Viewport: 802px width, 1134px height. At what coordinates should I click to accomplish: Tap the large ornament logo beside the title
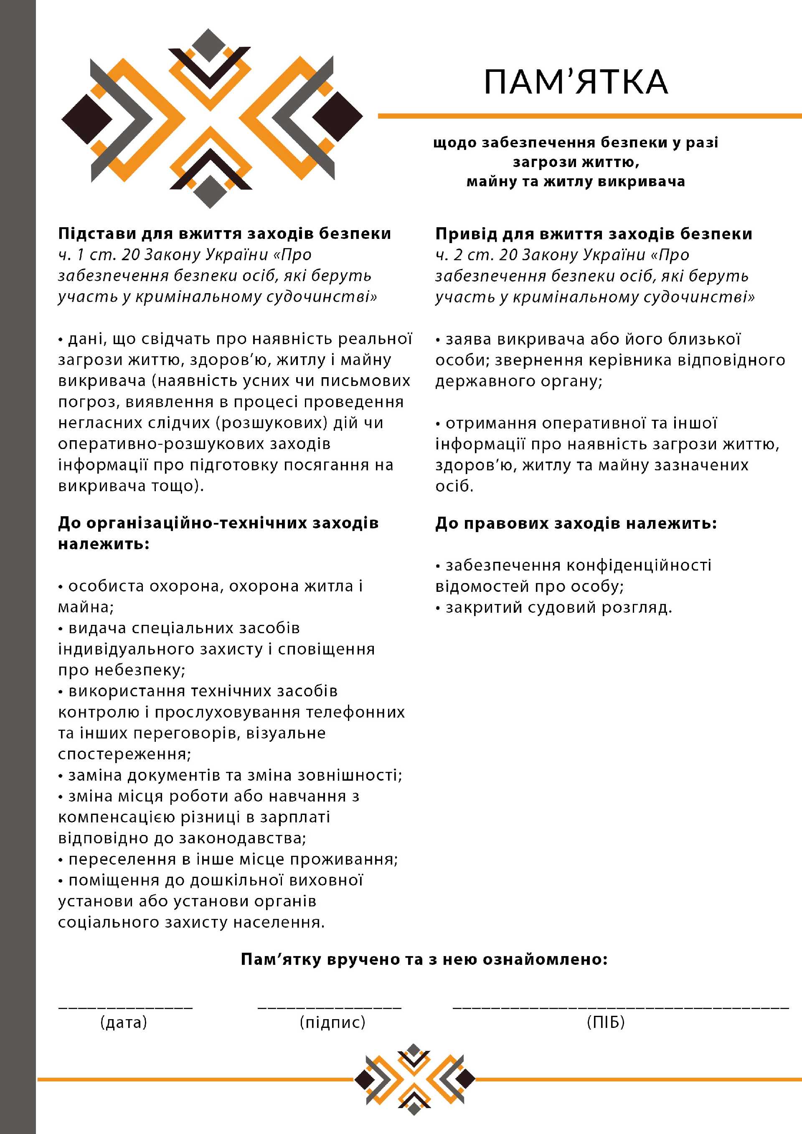[212, 119]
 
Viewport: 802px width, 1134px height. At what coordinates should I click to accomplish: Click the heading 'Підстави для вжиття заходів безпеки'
[224, 233]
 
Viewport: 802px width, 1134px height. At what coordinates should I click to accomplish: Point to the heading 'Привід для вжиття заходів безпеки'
[594, 233]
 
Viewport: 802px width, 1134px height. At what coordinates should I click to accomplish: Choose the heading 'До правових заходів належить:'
[576, 523]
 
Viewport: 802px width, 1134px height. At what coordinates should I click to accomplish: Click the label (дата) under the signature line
[124, 1021]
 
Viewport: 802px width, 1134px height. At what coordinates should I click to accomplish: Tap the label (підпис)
[332, 1021]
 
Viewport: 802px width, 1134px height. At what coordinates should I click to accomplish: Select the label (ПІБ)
[606, 1021]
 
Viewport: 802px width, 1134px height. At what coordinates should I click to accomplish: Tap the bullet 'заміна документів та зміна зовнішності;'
[235, 776]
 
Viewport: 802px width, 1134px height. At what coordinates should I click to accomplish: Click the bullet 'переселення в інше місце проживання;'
[233, 860]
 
